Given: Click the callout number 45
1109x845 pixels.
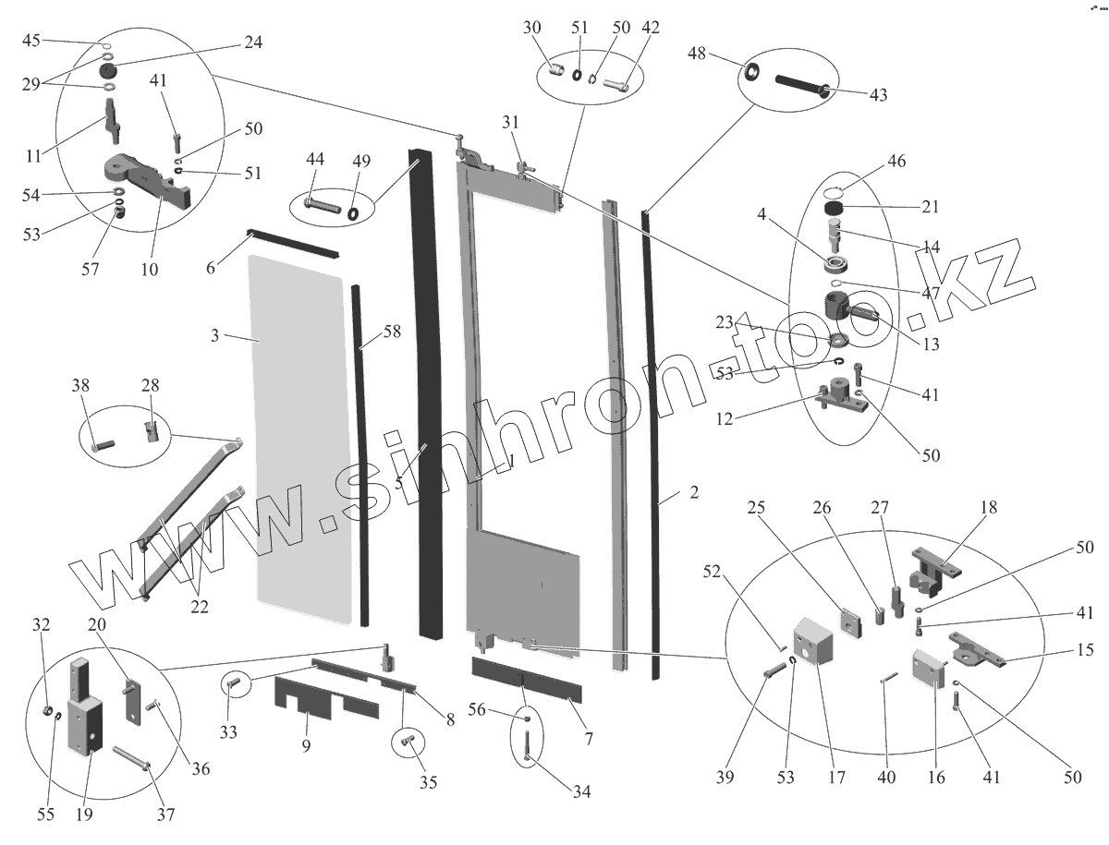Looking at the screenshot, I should (31, 41).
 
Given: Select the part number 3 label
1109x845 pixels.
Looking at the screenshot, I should (214, 336).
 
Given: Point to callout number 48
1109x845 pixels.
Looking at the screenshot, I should (697, 54).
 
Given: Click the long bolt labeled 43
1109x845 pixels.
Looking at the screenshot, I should (799, 86).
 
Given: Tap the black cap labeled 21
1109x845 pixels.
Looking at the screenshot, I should (836, 211).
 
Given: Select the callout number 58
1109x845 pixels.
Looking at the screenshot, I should (392, 332).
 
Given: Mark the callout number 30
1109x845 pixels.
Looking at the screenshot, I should (531, 29).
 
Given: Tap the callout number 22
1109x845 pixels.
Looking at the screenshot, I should (200, 607).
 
